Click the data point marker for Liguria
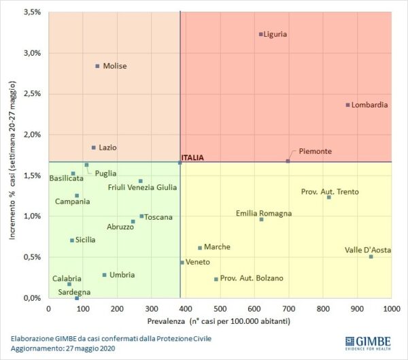[260, 34]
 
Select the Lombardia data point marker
[347, 105]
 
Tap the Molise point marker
[97, 66]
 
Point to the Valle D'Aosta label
[368, 250]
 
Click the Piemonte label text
[315, 151]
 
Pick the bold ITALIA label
[192, 158]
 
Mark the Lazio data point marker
[94, 147]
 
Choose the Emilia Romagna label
[264, 213]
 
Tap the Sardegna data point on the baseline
[77, 298]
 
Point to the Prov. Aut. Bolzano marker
[216, 279]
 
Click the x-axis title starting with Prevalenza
[220, 320]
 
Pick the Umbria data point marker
[104, 275]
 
